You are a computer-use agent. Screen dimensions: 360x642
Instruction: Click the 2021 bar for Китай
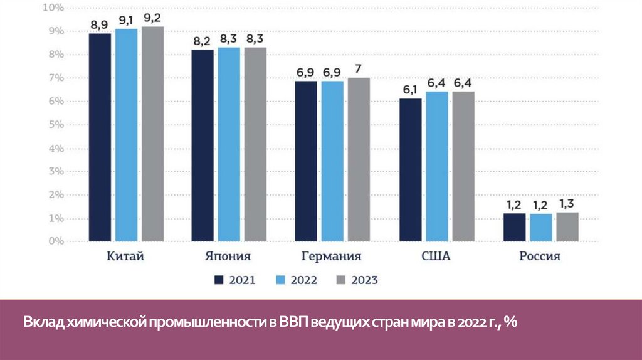[x=100, y=137]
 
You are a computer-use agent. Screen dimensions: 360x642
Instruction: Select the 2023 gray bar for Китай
[x=152, y=134]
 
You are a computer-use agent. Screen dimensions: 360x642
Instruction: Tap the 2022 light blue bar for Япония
[x=229, y=144]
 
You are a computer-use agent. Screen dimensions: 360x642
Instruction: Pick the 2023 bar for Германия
[x=359, y=159]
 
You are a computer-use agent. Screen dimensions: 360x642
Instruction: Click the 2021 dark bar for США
[x=411, y=170]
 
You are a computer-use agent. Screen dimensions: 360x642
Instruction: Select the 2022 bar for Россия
[x=540, y=227]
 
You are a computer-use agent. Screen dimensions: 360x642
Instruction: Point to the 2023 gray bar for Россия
[x=567, y=226]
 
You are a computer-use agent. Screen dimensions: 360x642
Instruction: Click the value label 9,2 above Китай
[x=152, y=18]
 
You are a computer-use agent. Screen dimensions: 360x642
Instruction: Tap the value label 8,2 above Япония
[x=203, y=41]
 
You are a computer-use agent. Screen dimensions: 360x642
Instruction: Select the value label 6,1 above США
[x=411, y=89]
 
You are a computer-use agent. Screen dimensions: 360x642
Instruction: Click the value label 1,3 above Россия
[x=567, y=203]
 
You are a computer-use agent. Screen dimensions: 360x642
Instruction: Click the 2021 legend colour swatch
[x=219, y=280]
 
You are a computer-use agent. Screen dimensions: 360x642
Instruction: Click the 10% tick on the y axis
[x=54, y=8]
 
